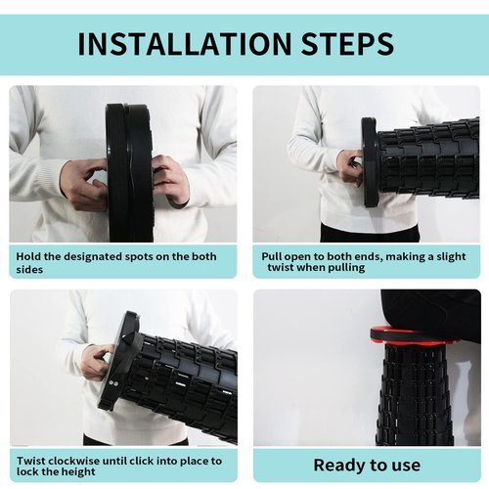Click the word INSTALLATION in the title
[x=185, y=44]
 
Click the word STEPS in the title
[x=348, y=44]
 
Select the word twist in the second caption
[x=281, y=268]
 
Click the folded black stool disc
[x=130, y=173]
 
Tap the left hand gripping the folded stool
[x=85, y=184]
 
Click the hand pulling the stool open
[x=350, y=167]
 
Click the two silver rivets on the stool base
[x=113, y=383]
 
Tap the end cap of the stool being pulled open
[x=370, y=162]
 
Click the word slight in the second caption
[x=451, y=257]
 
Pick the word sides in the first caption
[x=29, y=270]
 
